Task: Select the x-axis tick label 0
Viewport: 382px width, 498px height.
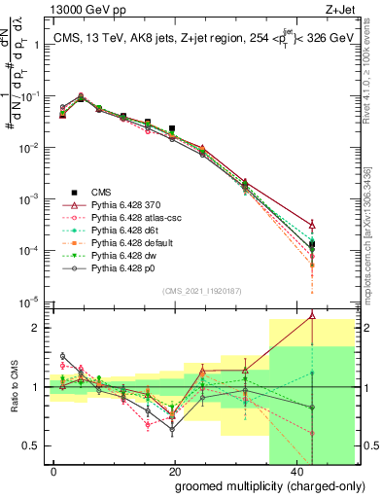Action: pyautogui.click(x=53, y=470)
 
